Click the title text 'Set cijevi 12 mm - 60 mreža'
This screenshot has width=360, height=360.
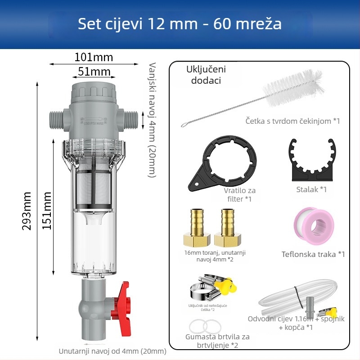[180, 23]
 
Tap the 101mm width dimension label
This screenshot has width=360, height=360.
[94, 58]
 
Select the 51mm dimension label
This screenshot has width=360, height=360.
[94, 72]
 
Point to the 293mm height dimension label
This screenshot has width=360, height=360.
[27, 211]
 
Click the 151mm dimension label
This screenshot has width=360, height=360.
[47, 211]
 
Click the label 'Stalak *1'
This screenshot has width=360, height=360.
[311, 189]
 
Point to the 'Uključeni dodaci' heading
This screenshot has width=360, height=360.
[206, 75]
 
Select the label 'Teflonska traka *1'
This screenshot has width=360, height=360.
[313, 254]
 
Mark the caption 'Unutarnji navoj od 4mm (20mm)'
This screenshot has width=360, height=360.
[112, 351]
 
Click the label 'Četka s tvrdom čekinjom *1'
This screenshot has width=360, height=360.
[292, 121]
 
